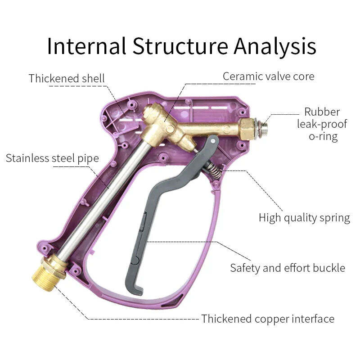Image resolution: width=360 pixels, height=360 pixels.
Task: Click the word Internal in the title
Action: [87, 46]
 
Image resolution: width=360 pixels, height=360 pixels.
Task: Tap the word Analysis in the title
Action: [275, 47]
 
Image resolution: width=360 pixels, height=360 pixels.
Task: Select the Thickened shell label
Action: [67, 78]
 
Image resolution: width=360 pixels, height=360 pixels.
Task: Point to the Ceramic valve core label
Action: [268, 76]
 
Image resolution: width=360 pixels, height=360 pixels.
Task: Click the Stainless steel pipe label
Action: [52, 158]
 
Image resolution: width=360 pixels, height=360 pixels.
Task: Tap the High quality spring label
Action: [305, 218]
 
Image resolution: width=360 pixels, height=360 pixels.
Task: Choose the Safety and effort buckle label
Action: [288, 268]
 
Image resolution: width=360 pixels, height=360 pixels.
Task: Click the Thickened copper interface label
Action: [268, 319]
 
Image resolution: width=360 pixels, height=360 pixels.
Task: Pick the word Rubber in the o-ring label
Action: [322, 112]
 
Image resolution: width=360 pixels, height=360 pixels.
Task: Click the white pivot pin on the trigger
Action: [213, 141]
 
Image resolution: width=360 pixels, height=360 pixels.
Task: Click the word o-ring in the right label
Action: [323, 137]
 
